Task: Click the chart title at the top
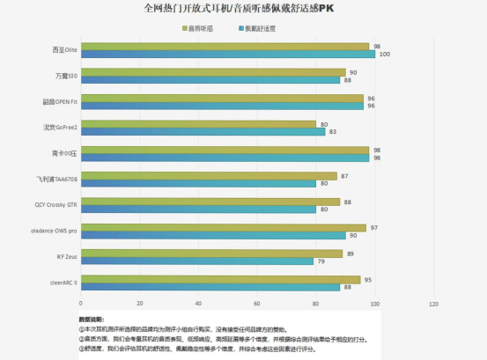pos(244,8)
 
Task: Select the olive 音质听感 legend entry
pos(202,28)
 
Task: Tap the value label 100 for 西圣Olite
pos(384,55)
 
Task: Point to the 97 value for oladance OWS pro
pos(374,228)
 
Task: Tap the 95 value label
pos(368,279)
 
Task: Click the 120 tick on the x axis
pos(432,304)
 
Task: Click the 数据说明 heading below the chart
pos(92,319)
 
